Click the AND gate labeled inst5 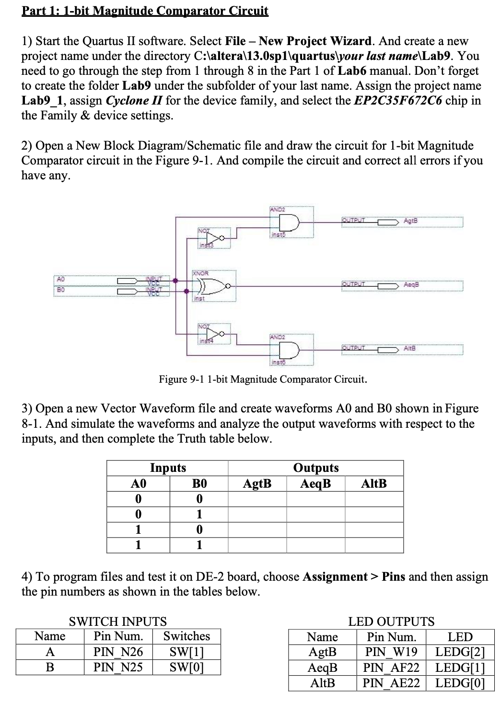[x=289, y=222]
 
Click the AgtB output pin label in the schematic [x=411, y=221]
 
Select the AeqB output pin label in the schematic [x=411, y=284]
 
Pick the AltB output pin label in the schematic [x=409, y=348]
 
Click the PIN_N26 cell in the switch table [x=118, y=652]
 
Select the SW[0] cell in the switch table [x=186, y=667]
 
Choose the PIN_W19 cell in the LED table [x=391, y=652]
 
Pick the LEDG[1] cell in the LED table [x=460, y=668]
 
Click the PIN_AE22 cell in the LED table [x=391, y=683]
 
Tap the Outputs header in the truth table [x=315, y=468]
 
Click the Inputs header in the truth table [x=168, y=468]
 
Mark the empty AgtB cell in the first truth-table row [x=257, y=499]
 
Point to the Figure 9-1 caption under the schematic [x=263, y=379]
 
